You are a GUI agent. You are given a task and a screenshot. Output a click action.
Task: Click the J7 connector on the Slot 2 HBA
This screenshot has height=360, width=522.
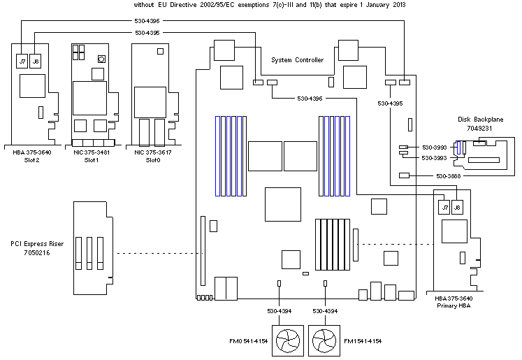coord(22,61)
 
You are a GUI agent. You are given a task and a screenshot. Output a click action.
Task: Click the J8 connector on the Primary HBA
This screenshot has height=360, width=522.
coord(458,207)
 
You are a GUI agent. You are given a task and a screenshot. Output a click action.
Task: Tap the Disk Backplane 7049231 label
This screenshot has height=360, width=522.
coord(479,124)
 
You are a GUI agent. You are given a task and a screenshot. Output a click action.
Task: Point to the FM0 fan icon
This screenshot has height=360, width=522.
coord(288,342)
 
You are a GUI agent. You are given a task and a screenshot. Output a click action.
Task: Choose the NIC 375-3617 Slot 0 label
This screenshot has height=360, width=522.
coord(148,156)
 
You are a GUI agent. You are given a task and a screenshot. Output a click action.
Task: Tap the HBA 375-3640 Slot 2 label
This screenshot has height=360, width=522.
coord(32,156)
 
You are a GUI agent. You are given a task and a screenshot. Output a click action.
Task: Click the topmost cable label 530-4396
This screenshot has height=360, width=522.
coord(147,20)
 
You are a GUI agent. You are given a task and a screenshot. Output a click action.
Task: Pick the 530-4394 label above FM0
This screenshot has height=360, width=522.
coord(279,310)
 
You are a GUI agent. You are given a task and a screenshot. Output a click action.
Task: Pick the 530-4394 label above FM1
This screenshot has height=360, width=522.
coord(326,310)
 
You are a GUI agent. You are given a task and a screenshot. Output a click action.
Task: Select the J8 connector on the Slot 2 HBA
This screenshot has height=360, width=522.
coord(36,61)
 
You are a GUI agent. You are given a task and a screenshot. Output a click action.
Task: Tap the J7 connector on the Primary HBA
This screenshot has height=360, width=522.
coord(443,207)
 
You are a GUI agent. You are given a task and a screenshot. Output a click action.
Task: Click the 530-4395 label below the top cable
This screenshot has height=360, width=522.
coord(147,32)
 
